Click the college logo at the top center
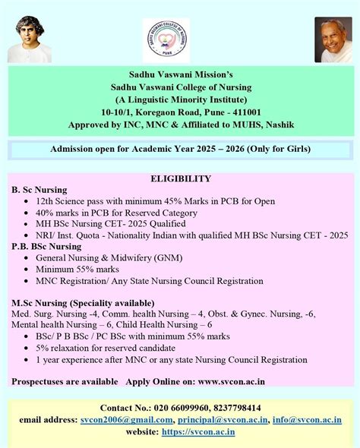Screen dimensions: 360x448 [x=166, y=40]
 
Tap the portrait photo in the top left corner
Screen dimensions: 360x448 [x=30, y=39]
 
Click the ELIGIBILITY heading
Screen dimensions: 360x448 [x=181, y=178]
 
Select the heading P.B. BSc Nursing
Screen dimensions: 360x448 [x=46, y=246]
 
